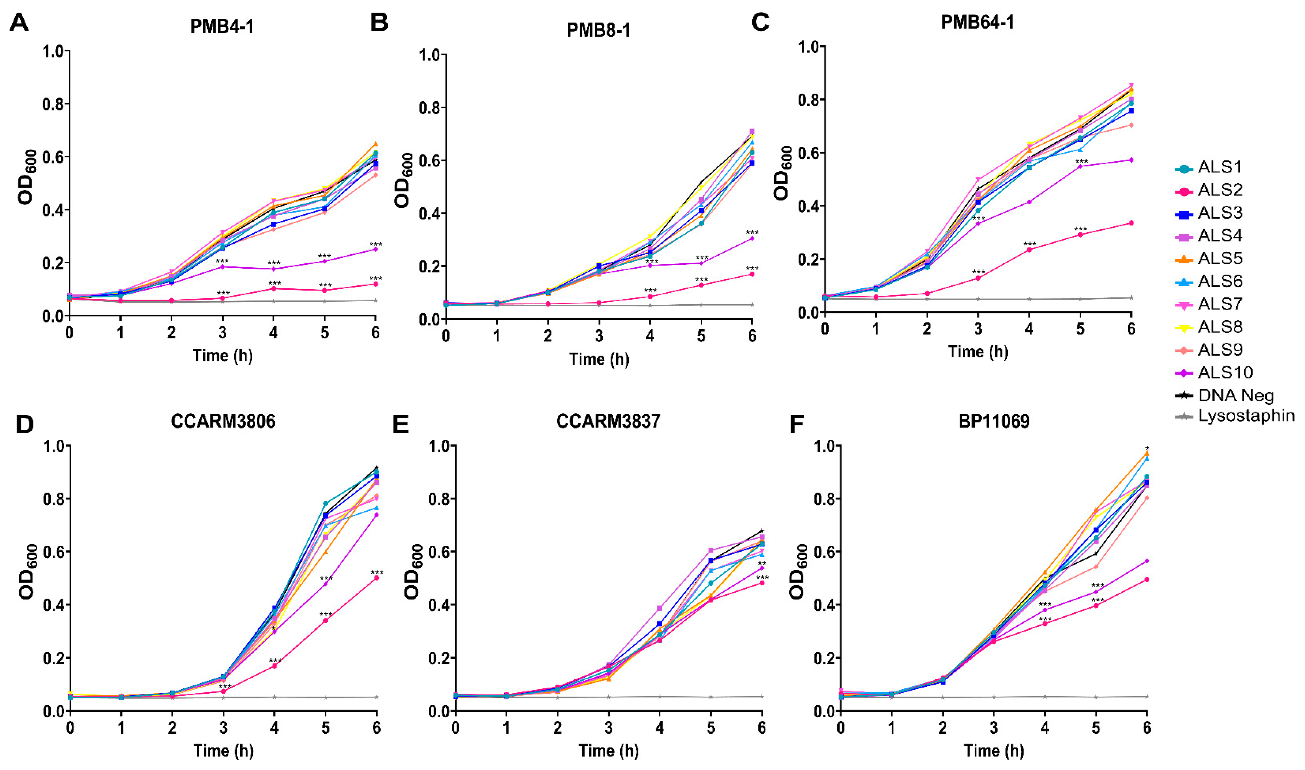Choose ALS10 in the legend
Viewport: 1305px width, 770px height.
coord(1225,372)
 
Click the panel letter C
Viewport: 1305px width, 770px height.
coord(760,22)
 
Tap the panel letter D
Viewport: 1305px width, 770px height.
coord(24,424)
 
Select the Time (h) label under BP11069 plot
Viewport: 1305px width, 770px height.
coord(994,751)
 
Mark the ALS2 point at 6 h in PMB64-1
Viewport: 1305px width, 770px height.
coord(1131,223)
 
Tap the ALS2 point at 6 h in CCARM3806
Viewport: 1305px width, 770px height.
coord(376,577)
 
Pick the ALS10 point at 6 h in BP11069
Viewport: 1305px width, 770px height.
coord(1147,561)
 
